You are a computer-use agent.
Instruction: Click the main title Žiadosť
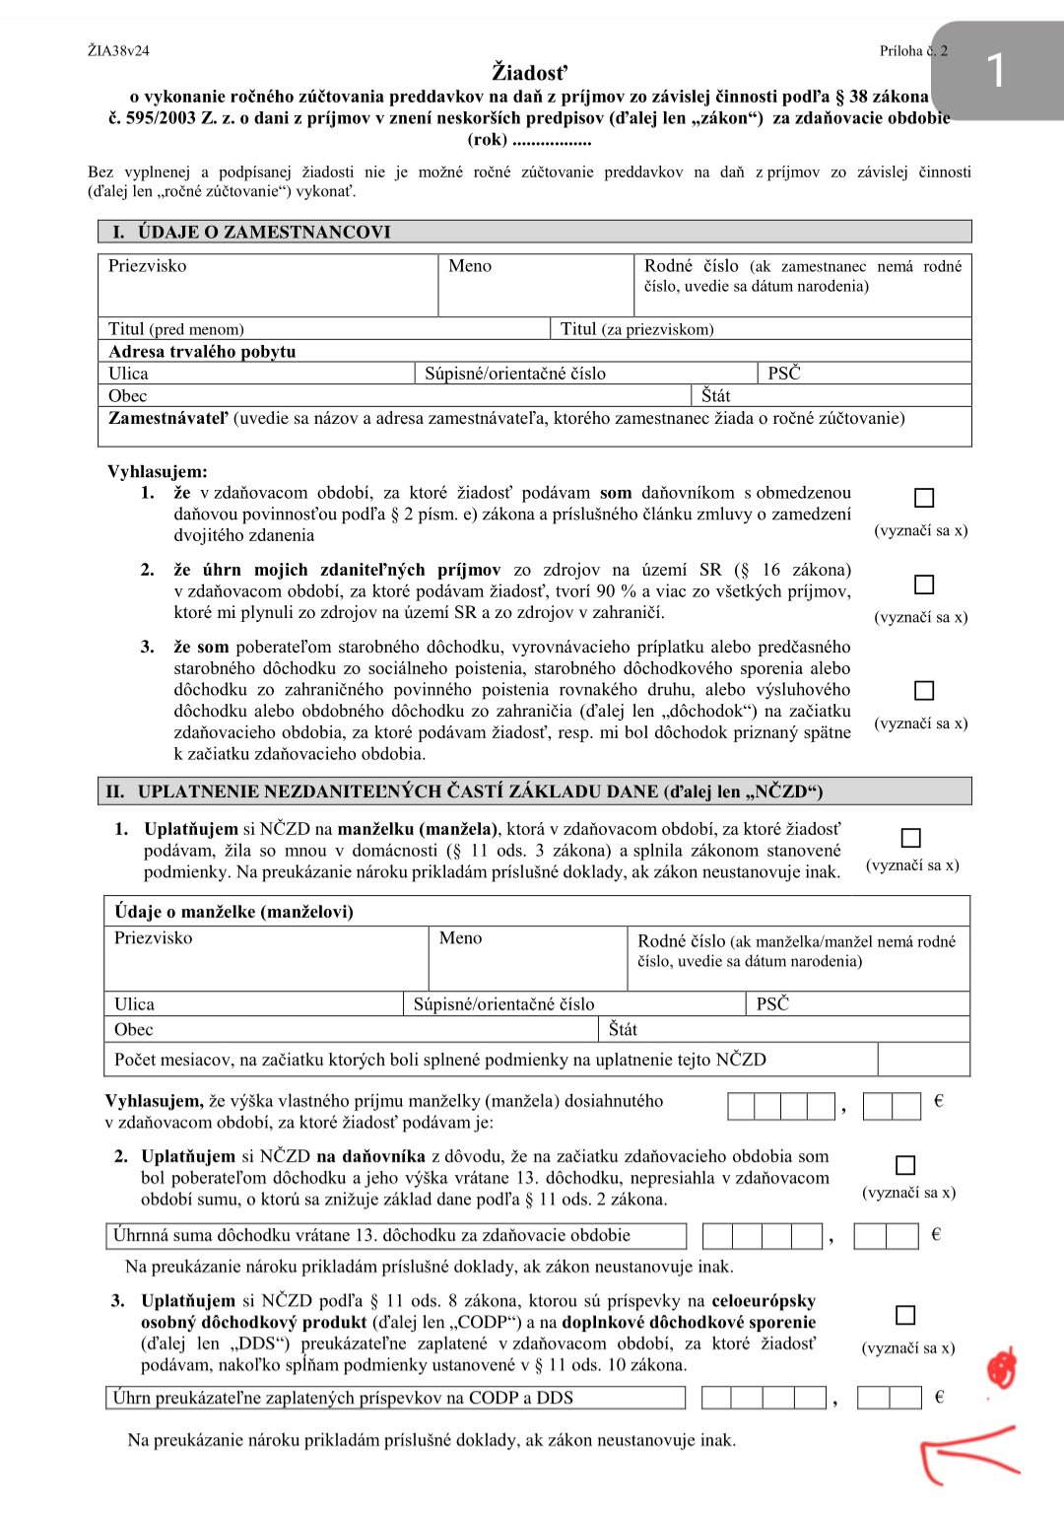pos(530,72)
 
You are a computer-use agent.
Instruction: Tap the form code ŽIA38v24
pos(118,50)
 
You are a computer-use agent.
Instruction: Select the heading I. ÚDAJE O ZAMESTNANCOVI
pos(251,232)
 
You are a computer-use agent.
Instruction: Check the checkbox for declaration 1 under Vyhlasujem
pos(923,498)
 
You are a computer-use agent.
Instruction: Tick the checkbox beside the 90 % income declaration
pos(923,585)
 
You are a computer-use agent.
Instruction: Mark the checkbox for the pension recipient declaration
pos(923,690)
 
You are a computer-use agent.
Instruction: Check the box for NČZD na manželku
pos(911,838)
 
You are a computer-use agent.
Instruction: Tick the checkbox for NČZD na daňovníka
pos(905,1165)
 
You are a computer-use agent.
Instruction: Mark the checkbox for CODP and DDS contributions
pos(905,1315)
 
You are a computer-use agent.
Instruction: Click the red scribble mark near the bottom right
pos(1001,1369)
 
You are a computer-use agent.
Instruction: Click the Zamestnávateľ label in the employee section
pos(167,418)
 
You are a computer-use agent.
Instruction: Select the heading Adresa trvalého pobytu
pos(202,352)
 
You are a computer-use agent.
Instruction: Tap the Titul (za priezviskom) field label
pos(636,329)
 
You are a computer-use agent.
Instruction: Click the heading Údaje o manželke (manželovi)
pos(233,911)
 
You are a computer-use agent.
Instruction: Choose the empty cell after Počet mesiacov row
pos(922,1060)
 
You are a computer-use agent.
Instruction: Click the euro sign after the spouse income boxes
pos(938,1101)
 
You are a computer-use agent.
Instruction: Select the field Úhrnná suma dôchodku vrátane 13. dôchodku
pos(395,1236)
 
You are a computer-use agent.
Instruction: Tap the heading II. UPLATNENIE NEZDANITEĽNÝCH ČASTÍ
pos(463,791)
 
